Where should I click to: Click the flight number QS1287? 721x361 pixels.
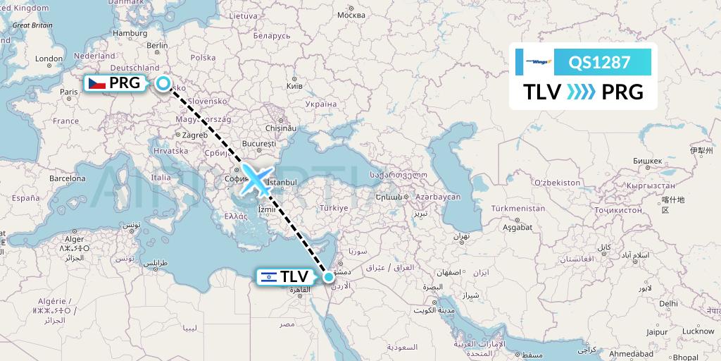coord(599,62)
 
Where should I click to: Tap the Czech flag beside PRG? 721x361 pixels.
coord(96,83)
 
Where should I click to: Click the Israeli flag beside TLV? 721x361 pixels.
coord(268,277)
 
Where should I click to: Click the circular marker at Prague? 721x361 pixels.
coord(163,84)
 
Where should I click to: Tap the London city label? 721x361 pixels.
coord(49,59)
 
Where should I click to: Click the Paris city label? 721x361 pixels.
coord(69,92)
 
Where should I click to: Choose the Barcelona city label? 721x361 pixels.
coord(67,179)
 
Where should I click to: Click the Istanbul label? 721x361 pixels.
coord(282,183)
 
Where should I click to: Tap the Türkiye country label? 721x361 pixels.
coord(334,208)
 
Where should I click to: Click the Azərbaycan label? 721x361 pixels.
coord(437,197)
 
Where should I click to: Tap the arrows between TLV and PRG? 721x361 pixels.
coord(581,92)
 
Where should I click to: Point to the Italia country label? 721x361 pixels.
coord(161,178)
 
